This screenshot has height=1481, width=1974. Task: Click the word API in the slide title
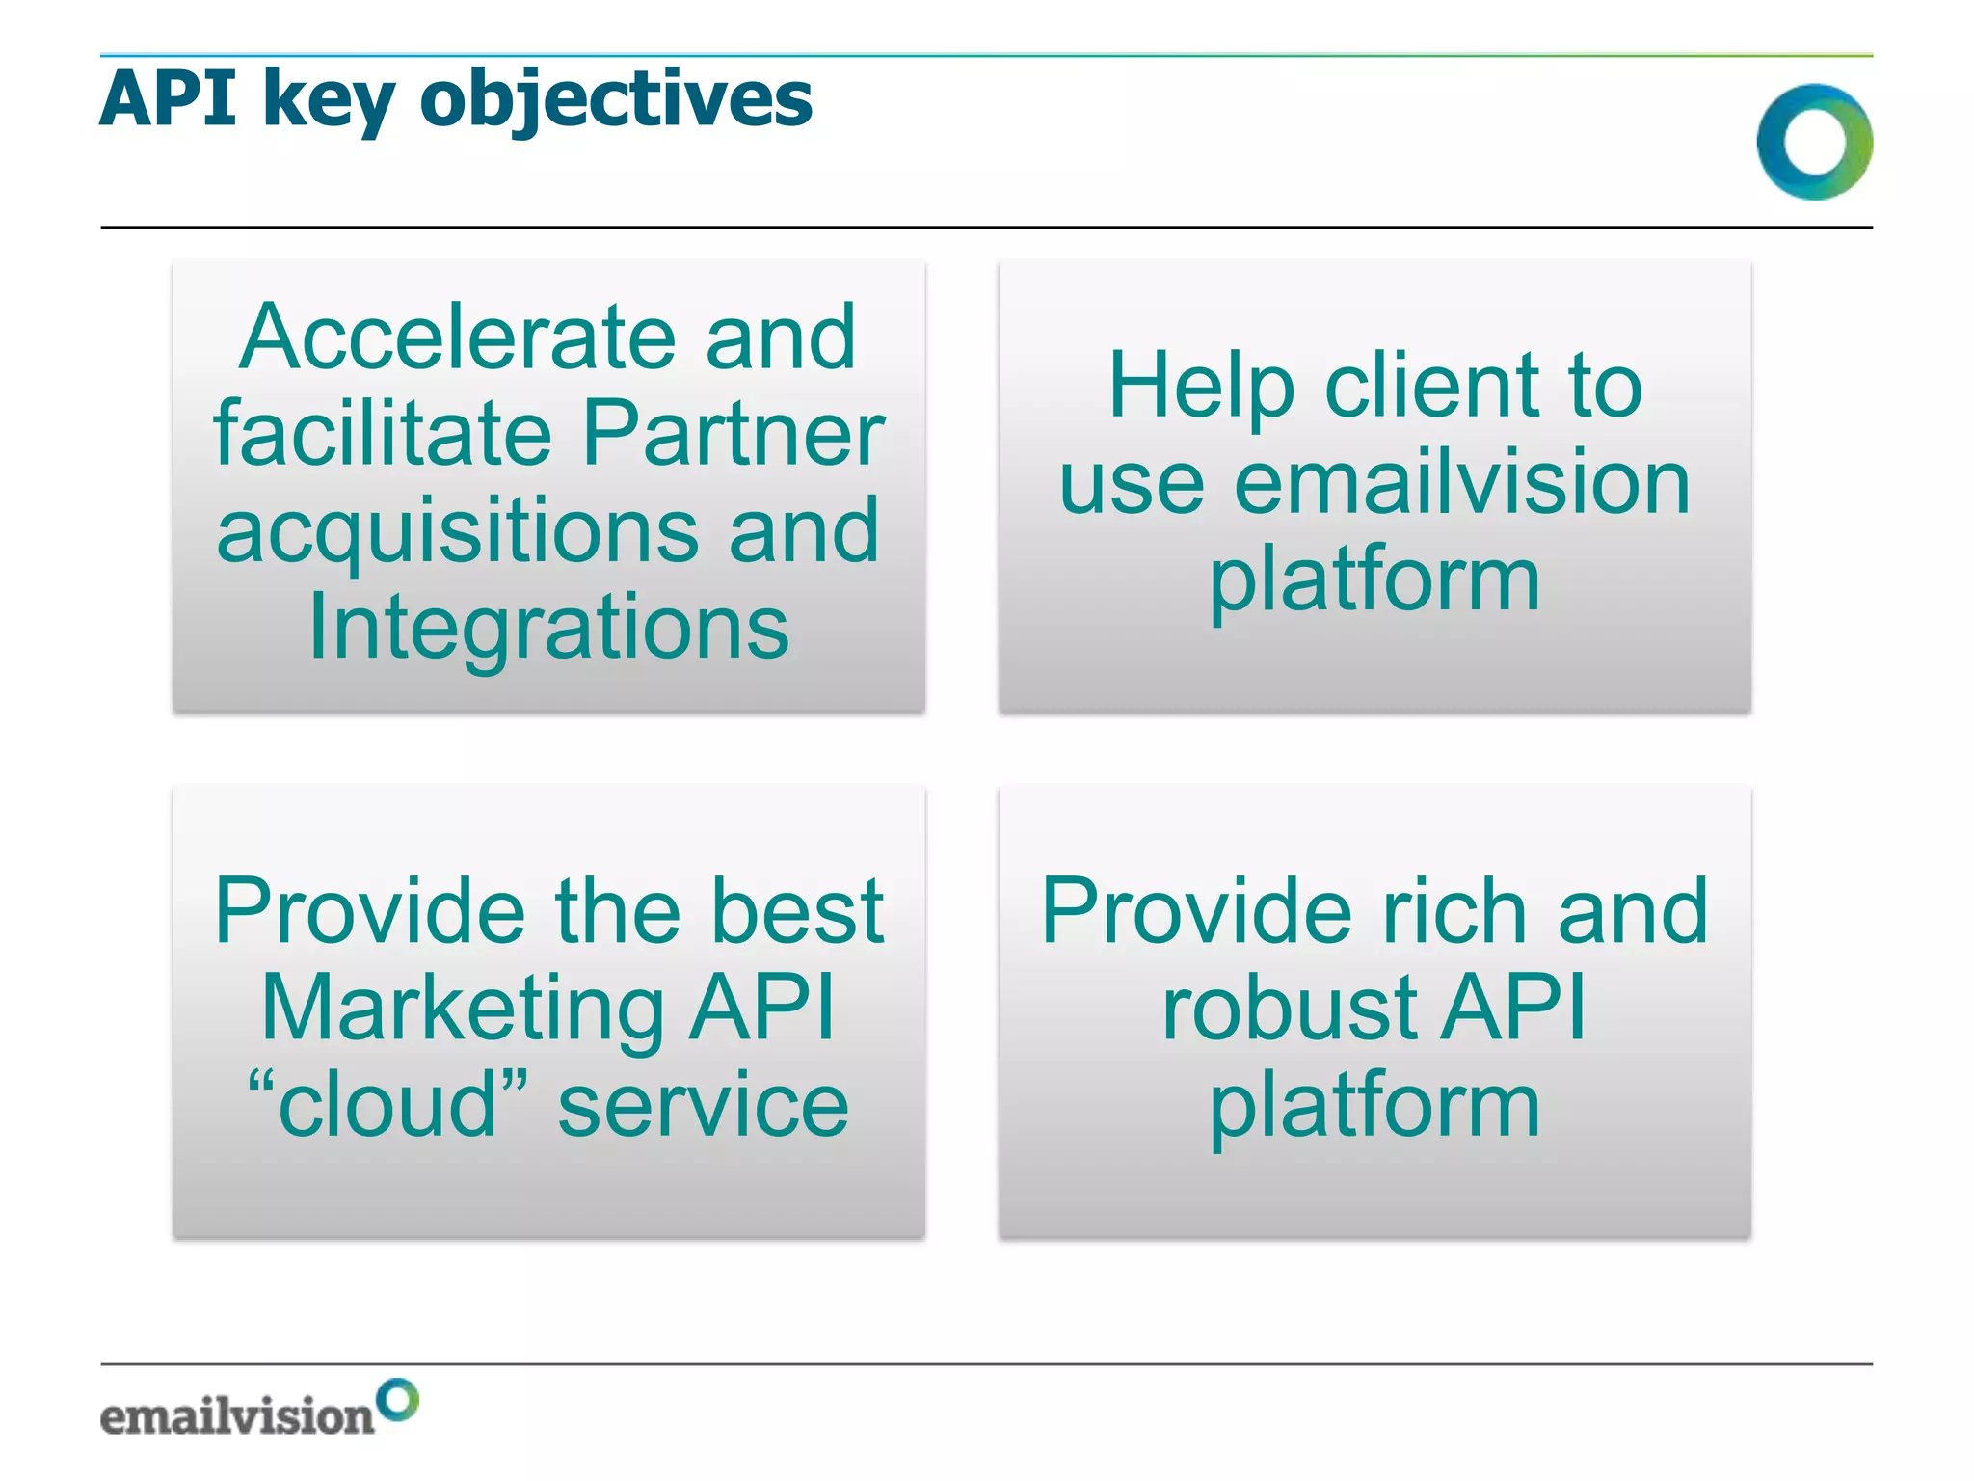tap(168, 98)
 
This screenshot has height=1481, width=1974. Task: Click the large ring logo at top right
tap(1814, 142)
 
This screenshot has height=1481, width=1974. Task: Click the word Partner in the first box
tap(733, 433)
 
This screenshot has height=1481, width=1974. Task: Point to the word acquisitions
tap(457, 532)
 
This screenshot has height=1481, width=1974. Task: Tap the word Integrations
tap(548, 629)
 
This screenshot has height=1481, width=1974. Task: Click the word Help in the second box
tap(1201, 386)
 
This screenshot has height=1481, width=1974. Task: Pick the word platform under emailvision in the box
tap(1374, 580)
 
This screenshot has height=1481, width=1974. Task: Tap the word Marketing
tap(462, 1008)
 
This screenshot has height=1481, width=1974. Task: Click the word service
tap(703, 1105)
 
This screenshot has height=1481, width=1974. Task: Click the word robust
tap(1291, 1008)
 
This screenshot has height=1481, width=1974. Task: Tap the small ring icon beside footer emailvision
tap(397, 1399)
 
